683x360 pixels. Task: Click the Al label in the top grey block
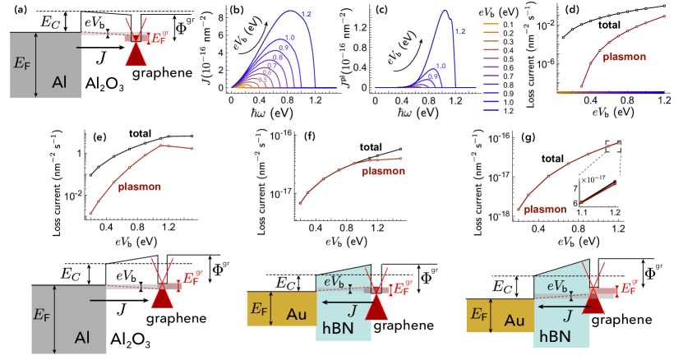tap(59, 81)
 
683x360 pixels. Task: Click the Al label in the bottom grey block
tap(82, 337)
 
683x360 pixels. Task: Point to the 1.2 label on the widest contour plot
tap(306, 15)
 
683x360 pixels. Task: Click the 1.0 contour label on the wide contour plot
tap(289, 38)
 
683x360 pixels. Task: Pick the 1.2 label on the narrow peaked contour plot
tap(459, 31)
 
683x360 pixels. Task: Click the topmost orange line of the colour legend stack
tap(491, 24)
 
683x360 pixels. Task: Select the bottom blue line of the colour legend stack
tap(491, 109)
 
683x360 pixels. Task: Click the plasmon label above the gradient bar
tap(624, 58)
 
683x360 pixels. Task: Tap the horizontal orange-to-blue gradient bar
tap(611, 93)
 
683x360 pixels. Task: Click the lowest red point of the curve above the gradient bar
tap(581, 85)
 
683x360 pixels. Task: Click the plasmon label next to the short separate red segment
tap(545, 210)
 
